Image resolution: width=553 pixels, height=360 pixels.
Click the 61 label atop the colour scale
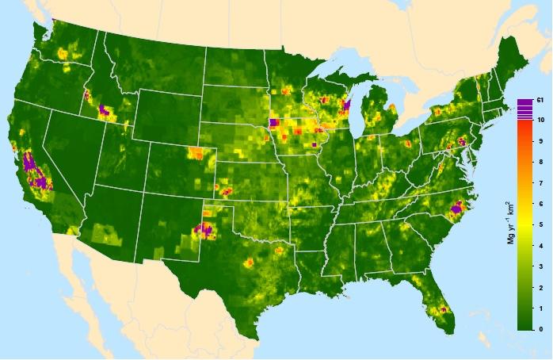pyautogui.click(x=539, y=100)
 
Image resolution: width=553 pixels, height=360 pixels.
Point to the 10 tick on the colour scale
pyautogui.click(x=539, y=120)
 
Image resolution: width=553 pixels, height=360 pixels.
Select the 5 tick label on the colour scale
pyautogui.click(x=539, y=224)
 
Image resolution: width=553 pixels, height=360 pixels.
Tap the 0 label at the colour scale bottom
pyautogui.click(x=539, y=328)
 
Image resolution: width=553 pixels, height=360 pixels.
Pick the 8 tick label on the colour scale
pyautogui.click(x=539, y=162)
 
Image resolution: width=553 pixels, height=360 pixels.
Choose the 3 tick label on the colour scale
pyautogui.click(x=539, y=266)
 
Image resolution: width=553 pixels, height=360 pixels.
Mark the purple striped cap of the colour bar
pyautogui.click(x=524, y=110)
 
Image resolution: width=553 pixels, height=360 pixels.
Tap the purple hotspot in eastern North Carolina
pyautogui.click(x=456, y=209)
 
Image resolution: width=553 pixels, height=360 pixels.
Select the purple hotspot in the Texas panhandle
pyautogui.click(x=204, y=231)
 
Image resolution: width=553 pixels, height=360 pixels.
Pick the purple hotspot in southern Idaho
pyautogui.click(x=103, y=110)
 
